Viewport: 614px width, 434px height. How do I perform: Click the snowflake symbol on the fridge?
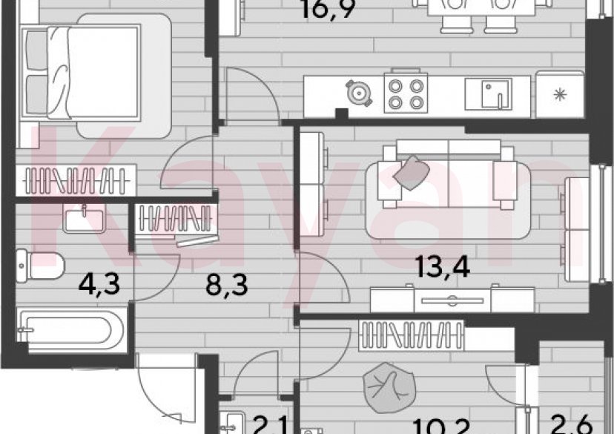click(561, 95)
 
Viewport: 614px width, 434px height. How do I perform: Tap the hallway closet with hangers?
click(177, 220)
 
